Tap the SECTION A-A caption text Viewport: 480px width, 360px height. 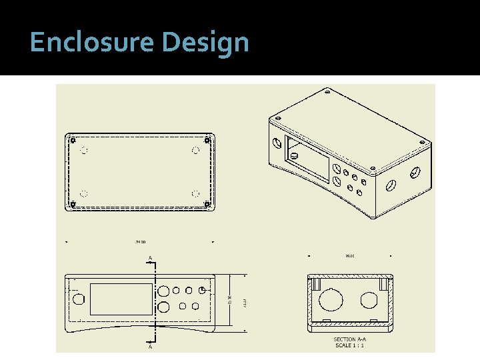pyautogui.click(x=350, y=339)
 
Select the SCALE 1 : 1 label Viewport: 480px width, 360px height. pyautogui.click(x=350, y=345)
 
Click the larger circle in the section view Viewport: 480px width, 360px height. pyautogui.click(x=331, y=300)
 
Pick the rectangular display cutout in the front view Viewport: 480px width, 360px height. pyautogui.click(x=121, y=299)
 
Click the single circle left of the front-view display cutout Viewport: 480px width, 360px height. pyautogui.click(x=79, y=298)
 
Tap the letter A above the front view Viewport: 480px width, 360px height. pyautogui.click(x=150, y=257)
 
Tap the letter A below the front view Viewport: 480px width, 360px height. pyautogui.click(x=150, y=347)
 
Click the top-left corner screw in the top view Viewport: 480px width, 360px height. pyautogui.click(x=73, y=140)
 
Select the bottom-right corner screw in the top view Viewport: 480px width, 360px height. pyautogui.click(x=207, y=203)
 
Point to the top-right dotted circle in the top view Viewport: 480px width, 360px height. pyautogui.click(x=195, y=151)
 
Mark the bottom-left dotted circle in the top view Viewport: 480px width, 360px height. pyautogui.click(x=84, y=194)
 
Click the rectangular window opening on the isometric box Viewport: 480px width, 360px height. pyautogui.click(x=307, y=158)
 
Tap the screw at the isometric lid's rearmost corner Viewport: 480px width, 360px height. pyautogui.click(x=326, y=92)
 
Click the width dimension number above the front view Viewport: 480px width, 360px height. pyautogui.click(x=141, y=242)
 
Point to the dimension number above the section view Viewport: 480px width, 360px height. pyautogui.click(x=350, y=255)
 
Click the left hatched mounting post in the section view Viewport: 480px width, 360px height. pyautogui.click(x=317, y=284)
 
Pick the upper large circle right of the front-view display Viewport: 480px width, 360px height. pyautogui.click(x=163, y=291)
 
